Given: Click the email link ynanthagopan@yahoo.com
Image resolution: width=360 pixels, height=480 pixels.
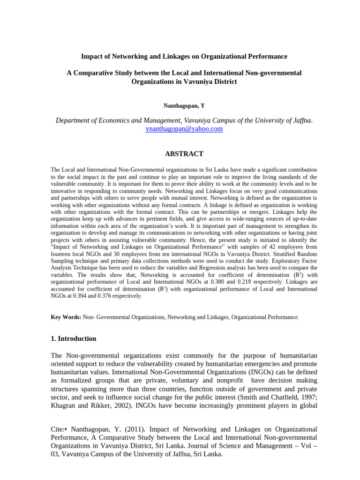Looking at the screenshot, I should point(184,128).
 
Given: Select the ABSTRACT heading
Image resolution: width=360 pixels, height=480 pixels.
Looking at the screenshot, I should point(184,154).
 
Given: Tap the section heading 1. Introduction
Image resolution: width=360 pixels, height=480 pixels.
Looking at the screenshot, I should point(73,338).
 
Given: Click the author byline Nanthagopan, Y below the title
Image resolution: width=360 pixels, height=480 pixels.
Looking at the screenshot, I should point(184,106).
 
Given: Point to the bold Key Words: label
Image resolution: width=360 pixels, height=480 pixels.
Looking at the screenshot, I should point(66,317).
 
